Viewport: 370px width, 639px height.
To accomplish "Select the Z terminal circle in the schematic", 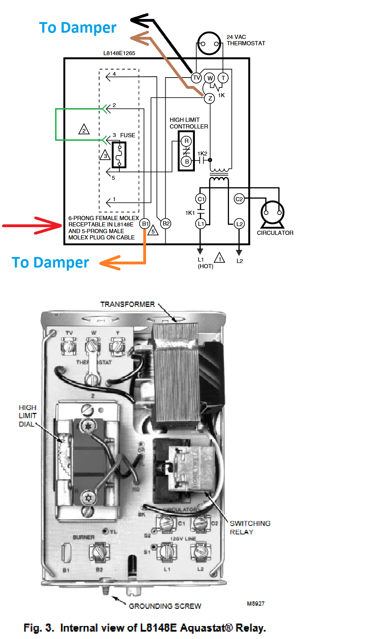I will (210, 98).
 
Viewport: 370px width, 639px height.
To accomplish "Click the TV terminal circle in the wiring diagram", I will (196, 78).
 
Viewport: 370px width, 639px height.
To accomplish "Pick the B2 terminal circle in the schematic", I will (166, 223).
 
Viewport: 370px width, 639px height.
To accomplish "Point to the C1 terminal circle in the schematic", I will (200, 199).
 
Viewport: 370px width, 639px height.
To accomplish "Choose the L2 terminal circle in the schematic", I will (239, 224).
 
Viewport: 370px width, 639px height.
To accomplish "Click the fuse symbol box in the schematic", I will (119, 155).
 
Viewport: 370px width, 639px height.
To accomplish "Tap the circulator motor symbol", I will (272, 213).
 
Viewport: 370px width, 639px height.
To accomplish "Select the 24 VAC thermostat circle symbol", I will (209, 44).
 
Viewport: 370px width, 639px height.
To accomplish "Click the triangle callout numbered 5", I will (153, 231).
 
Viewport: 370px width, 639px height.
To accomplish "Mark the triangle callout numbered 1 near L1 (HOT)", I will (220, 258).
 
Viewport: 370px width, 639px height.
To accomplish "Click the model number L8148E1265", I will (119, 53).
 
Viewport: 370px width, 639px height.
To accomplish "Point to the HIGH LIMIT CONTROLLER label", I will (189, 123).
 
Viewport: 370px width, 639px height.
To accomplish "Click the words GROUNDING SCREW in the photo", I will (165, 606).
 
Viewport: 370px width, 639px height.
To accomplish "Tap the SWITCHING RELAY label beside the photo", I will (250, 527).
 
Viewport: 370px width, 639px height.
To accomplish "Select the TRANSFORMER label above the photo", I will (127, 304).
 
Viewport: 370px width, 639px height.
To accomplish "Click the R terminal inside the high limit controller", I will (186, 141).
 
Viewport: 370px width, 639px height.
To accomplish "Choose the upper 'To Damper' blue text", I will (78, 27).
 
